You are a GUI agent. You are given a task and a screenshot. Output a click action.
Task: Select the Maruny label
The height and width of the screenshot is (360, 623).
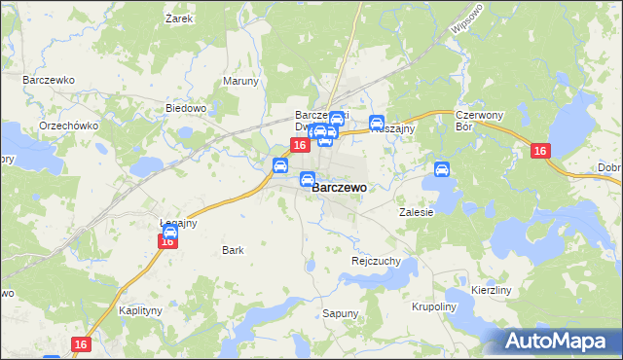[240, 81]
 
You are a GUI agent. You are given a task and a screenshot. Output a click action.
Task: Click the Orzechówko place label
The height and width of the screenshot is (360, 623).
[65, 126]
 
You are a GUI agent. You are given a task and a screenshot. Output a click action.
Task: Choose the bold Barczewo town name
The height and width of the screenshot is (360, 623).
[340, 188]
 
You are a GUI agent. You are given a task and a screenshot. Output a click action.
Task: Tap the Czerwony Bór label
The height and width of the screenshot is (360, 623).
[477, 121]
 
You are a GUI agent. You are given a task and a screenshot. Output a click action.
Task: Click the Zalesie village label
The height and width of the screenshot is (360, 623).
[416, 211]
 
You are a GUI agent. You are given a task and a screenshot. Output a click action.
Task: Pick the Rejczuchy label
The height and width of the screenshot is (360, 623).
[376, 261]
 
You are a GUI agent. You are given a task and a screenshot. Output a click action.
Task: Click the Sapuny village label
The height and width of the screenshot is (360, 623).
[340, 313]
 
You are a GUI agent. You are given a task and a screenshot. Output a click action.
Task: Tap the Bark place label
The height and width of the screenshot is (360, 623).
[233, 250]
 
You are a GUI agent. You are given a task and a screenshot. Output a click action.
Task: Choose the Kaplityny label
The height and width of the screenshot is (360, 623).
[139, 310]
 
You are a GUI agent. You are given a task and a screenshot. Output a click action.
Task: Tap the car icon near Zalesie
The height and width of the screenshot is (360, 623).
[442, 169]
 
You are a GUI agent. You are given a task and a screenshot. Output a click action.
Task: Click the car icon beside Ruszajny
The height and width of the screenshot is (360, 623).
[377, 123]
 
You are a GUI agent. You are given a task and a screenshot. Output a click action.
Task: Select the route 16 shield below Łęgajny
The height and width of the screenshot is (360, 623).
[167, 241]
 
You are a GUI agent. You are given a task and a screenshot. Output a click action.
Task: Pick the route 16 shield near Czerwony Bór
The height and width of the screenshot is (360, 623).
[541, 151]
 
